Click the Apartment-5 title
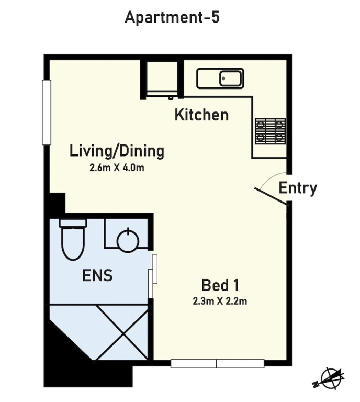coord(172,18)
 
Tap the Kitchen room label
coord(201,115)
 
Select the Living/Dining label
coord(117,151)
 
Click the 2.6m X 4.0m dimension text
coord(117,167)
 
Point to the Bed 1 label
coord(220,285)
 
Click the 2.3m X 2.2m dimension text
coord(220,301)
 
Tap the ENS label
coord(97,275)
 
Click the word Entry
coord(298,188)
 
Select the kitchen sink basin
coord(230,79)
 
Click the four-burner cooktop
coord(271,131)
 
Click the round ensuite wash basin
coord(128,240)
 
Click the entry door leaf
coord(271,196)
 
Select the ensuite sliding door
coord(153,276)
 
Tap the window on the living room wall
coord(47,113)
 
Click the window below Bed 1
coord(217,364)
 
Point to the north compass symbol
coord(329,378)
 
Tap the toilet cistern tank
coord(73,222)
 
